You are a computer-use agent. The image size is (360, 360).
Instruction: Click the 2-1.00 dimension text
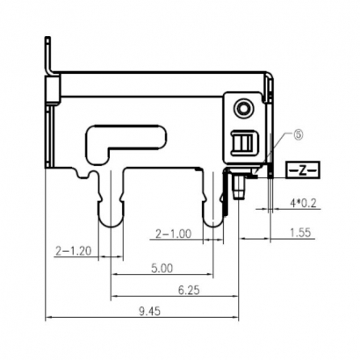tap(172, 234)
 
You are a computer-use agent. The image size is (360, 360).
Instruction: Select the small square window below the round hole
tap(243, 141)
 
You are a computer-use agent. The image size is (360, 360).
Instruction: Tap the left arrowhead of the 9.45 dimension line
tap(47, 317)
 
